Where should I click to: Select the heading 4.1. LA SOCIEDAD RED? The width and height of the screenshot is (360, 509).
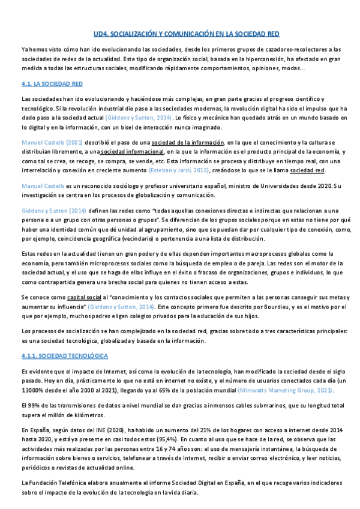click(51, 83)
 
